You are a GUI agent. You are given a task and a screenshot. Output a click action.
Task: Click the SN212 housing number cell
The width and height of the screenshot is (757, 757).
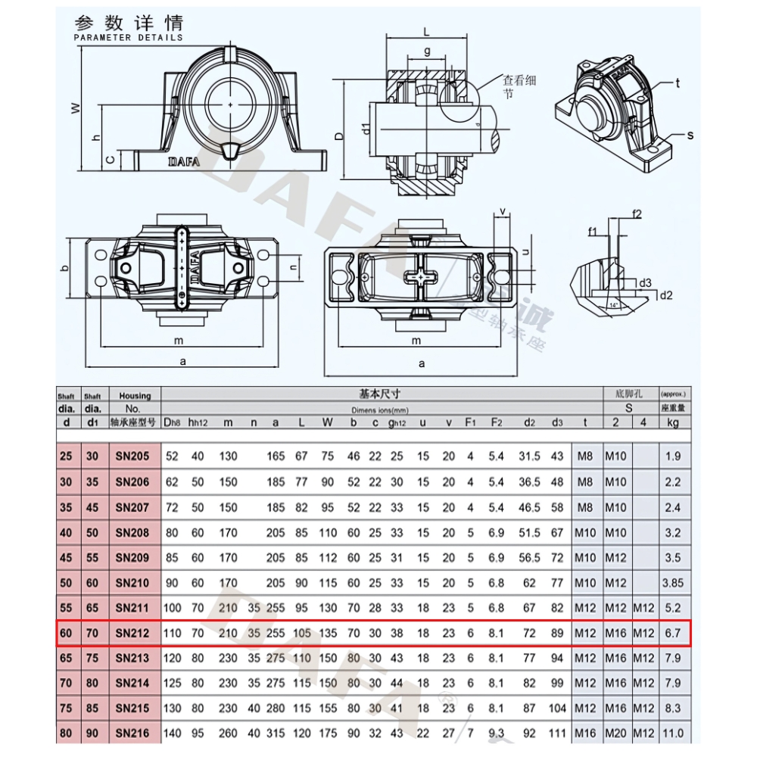pos(133,633)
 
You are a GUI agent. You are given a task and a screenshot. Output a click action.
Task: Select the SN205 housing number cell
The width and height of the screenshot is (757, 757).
pos(133,456)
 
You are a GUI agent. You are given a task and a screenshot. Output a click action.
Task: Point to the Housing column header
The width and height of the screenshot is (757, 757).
pos(135,395)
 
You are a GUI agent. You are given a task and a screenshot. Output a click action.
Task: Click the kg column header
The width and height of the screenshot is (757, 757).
pos(672,422)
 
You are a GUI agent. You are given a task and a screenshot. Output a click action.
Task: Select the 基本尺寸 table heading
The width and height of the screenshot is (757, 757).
pos(379,394)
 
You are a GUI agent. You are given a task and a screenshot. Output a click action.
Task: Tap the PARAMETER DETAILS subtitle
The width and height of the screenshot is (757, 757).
pos(129,37)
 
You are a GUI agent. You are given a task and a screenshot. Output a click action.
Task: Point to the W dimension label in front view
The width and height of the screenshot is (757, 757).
pos(76,108)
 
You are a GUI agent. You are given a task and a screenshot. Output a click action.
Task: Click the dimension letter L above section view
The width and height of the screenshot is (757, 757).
pos(426,33)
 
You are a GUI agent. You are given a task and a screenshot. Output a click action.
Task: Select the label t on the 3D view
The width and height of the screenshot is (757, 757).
pos(678,83)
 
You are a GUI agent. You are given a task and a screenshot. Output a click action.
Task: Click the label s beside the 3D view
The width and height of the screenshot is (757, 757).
pos(690,135)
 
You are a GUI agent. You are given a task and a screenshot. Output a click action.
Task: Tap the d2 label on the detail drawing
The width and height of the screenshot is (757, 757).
pos(665,295)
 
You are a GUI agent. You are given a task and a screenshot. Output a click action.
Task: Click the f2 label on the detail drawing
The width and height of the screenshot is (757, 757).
pos(636,214)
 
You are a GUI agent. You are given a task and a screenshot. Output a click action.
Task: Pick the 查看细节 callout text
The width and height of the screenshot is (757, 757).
pos(519,86)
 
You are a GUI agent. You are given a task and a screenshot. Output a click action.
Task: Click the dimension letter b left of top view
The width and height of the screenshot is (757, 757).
pos(65,267)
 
